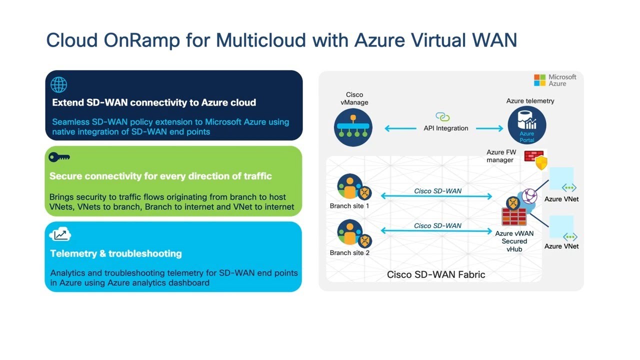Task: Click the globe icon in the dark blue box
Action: coord(59,84)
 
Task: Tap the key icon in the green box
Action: coord(59,157)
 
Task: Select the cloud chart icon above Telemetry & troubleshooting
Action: coord(60,234)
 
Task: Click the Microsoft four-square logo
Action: coord(539,80)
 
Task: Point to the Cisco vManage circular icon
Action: coord(353,127)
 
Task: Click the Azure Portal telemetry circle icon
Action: coord(527,125)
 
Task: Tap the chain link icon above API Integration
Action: coord(442,116)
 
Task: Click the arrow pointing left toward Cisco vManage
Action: coord(400,128)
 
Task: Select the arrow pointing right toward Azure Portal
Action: coord(489,128)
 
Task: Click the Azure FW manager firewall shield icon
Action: coord(536,159)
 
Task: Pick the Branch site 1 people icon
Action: coord(354,187)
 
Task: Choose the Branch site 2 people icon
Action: coord(354,233)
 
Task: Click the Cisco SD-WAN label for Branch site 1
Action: coord(437,191)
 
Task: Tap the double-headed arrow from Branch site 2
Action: coord(436,231)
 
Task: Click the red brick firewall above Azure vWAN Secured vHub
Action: coord(514,216)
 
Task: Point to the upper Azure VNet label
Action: coord(561,199)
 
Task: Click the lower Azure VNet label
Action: coord(561,246)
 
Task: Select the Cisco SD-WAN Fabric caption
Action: coord(436,274)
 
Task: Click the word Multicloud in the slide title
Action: coord(261,40)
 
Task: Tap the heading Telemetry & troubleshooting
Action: coord(116,253)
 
